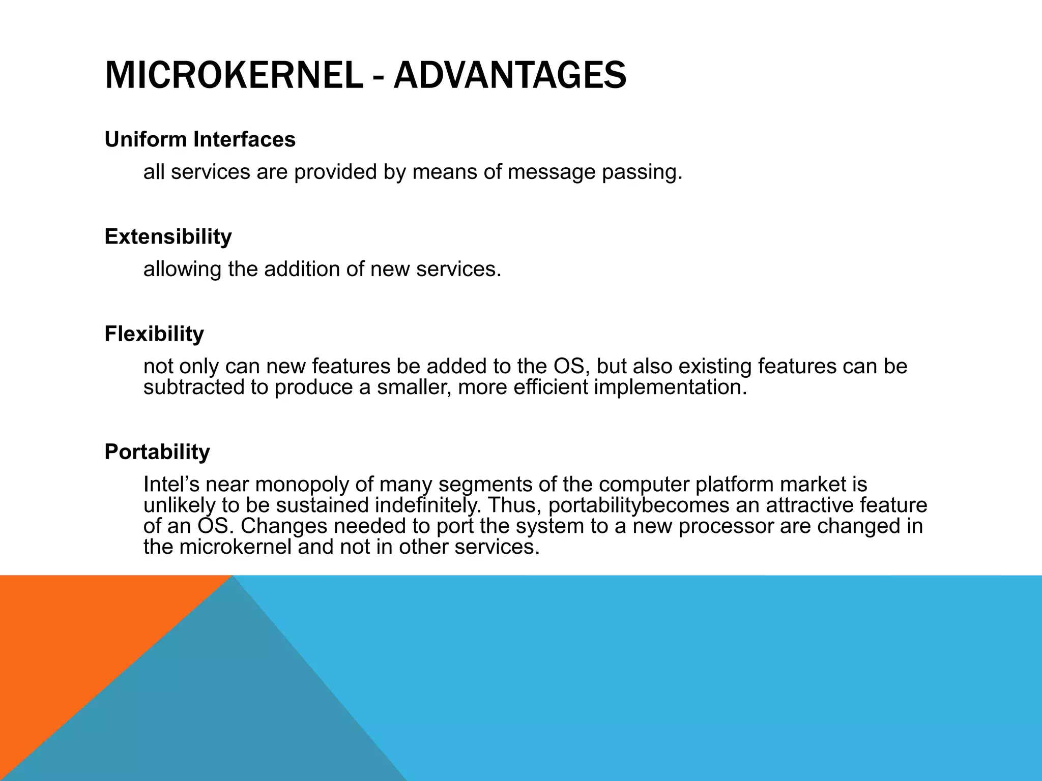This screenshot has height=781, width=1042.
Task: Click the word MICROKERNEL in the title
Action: click(233, 75)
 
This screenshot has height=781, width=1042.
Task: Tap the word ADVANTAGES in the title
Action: click(510, 75)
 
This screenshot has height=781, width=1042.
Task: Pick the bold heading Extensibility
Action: click(168, 237)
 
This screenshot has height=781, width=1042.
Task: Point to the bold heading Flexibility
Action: click(154, 334)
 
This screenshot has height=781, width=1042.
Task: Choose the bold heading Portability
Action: click(157, 452)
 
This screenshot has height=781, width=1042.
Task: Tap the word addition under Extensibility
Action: click(302, 269)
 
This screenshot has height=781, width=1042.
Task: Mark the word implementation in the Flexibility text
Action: click(670, 387)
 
